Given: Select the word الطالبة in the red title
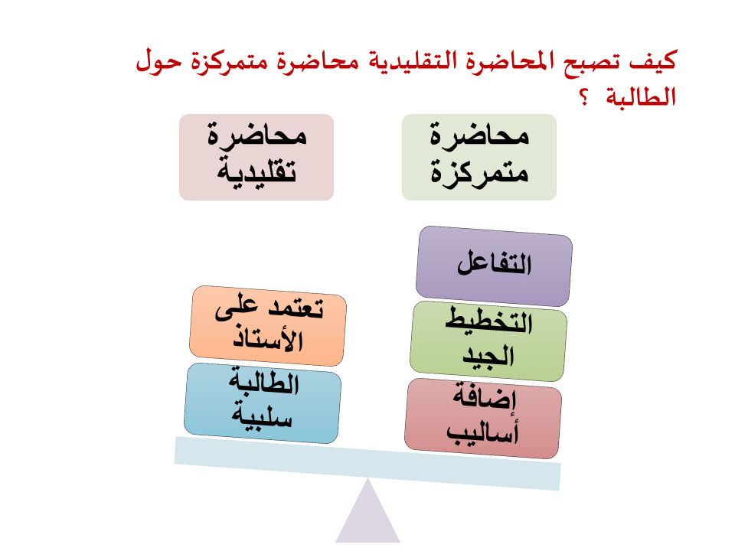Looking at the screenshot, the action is pos(641,96).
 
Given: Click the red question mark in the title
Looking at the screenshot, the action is pos(584,97).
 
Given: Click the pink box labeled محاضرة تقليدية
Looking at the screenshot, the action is pos(256,158).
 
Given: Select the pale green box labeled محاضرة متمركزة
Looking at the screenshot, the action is pos(479,158).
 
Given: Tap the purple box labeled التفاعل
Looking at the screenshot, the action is pos(494,266).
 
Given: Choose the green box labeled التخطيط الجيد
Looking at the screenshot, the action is pos(488,341).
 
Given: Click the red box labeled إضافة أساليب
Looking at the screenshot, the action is pos(483,419).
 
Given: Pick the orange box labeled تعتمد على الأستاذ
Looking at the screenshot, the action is pos(268,326).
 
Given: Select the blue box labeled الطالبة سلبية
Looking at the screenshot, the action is pos(263,403).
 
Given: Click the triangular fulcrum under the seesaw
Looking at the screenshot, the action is pos(368,515).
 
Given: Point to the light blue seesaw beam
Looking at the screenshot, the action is pos(367,464).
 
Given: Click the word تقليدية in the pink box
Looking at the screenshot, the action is pos(256,172).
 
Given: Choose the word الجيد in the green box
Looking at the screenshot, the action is pos(488,356).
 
